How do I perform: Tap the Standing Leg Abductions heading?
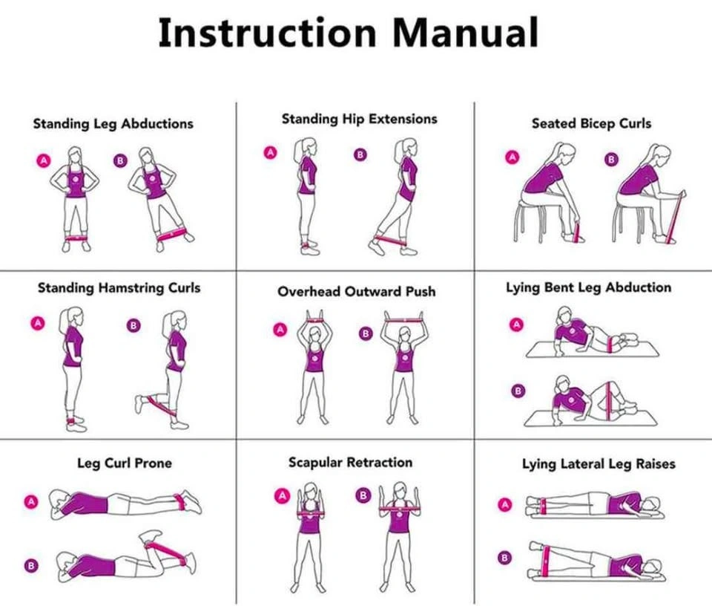(x=113, y=124)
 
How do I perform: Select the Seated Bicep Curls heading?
(x=591, y=123)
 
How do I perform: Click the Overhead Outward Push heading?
(x=357, y=291)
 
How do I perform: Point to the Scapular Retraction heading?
(x=351, y=463)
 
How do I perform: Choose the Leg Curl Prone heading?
(x=125, y=463)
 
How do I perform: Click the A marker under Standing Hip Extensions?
(x=271, y=153)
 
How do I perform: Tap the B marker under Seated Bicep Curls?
(x=611, y=159)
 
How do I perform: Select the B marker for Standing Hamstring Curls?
(x=133, y=325)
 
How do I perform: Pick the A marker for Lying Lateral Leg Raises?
(x=505, y=504)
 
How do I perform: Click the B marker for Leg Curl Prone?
(x=31, y=566)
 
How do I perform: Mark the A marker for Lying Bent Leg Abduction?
(x=516, y=324)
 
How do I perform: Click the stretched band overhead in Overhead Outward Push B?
(x=404, y=321)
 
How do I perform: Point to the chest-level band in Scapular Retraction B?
(x=398, y=509)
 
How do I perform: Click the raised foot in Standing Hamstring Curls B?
(x=139, y=403)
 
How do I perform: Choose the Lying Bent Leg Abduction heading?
(x=588, y=287)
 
